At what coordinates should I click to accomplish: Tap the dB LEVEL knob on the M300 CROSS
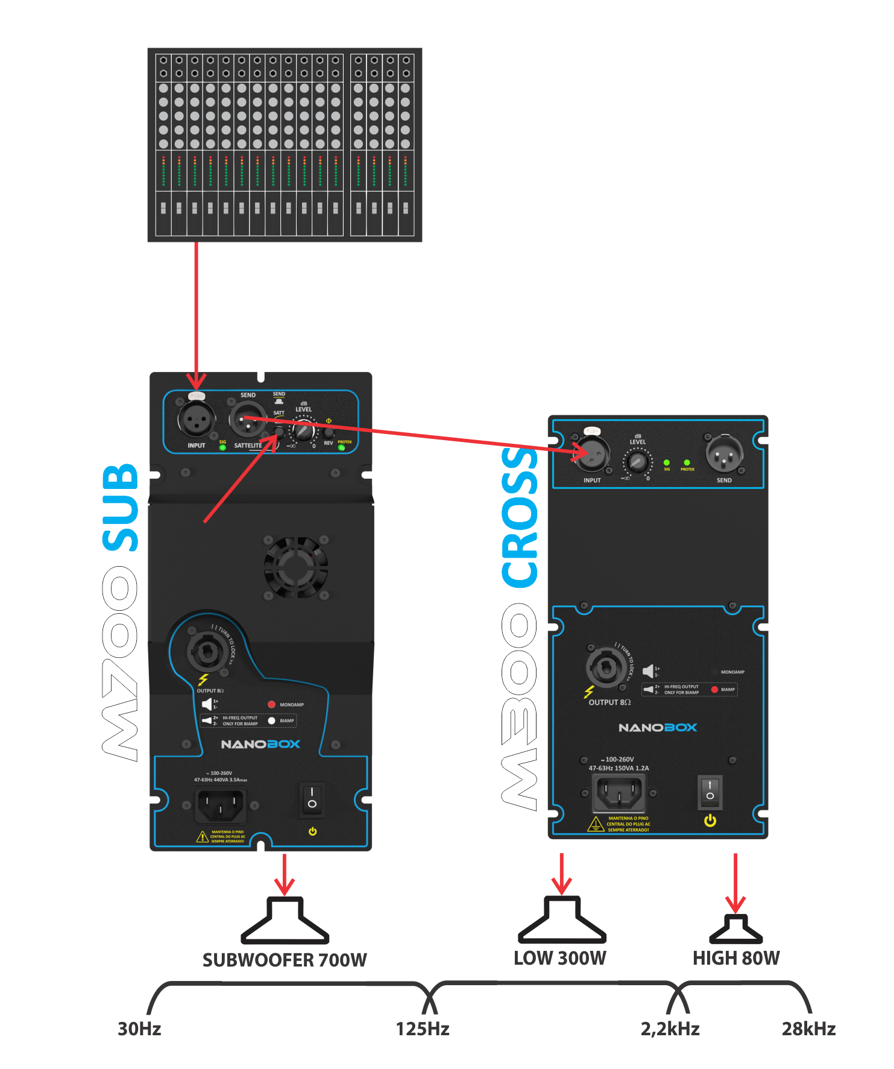(637, 462)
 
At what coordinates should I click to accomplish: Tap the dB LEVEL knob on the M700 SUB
(303, 430)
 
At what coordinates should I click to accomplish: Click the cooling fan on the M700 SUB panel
(295, 567)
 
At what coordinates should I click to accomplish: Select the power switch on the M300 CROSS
(710, 792)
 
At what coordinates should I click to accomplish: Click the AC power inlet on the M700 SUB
(220, 806)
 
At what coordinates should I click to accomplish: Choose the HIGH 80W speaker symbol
(735, 929)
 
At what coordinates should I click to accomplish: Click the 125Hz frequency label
(423, 1029)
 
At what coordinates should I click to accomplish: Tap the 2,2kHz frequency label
(670, 1029)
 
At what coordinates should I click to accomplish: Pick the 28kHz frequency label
(808, 1029)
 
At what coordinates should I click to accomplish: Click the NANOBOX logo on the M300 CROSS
(658, 728)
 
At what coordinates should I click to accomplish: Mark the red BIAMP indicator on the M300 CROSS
(714, 689)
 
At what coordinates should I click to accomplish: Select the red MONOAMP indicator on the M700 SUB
(271, 704)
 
